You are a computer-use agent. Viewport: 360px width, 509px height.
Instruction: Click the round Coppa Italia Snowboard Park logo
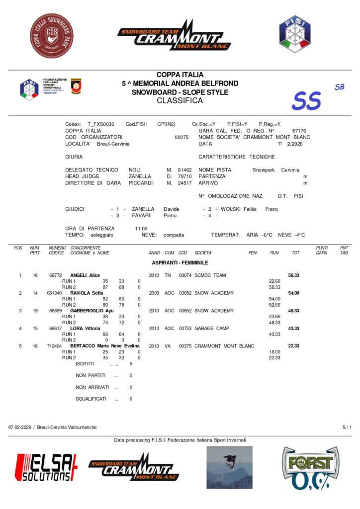pyautogui.click(x=52, y=36)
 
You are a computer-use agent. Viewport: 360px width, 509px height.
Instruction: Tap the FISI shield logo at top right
pyautogui.click(x=294, y=34)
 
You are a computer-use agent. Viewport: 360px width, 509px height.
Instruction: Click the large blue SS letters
pyautogui.click(x=306, y=101)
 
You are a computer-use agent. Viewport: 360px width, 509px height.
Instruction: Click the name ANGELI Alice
pyautogui.click(x=85, y=275)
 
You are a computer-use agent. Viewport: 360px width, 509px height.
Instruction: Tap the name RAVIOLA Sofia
pyautogui.click(x=87, y=293)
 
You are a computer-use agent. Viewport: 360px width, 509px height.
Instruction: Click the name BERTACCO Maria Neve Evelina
pyautogui.click(x=105, y=346)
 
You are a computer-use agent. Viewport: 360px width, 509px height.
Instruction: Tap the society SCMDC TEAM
pyautogui.click(x=210, y=275)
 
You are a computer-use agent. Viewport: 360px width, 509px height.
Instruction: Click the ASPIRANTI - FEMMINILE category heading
pyautogui.click(x=180, y=262)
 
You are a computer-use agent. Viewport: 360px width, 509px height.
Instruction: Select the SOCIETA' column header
pyautogui.click(x=203, y=253)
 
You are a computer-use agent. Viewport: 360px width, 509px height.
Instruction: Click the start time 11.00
pyautogui.click(x=141, y=228)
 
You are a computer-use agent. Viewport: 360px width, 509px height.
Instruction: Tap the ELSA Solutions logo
pyautogui.click(x=46, y=467)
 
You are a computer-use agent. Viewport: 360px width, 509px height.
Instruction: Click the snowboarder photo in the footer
pyautogui.click(x=229, y=467)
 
